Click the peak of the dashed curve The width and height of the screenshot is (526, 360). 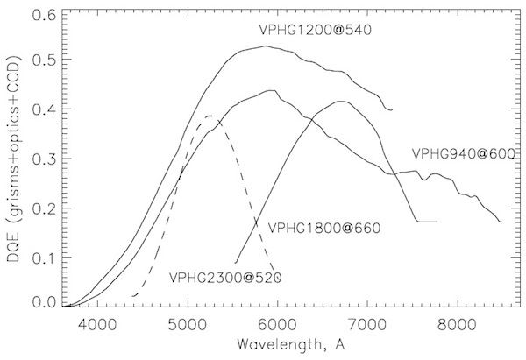point(210,116)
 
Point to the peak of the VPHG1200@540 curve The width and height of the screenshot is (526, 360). point(264,46)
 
